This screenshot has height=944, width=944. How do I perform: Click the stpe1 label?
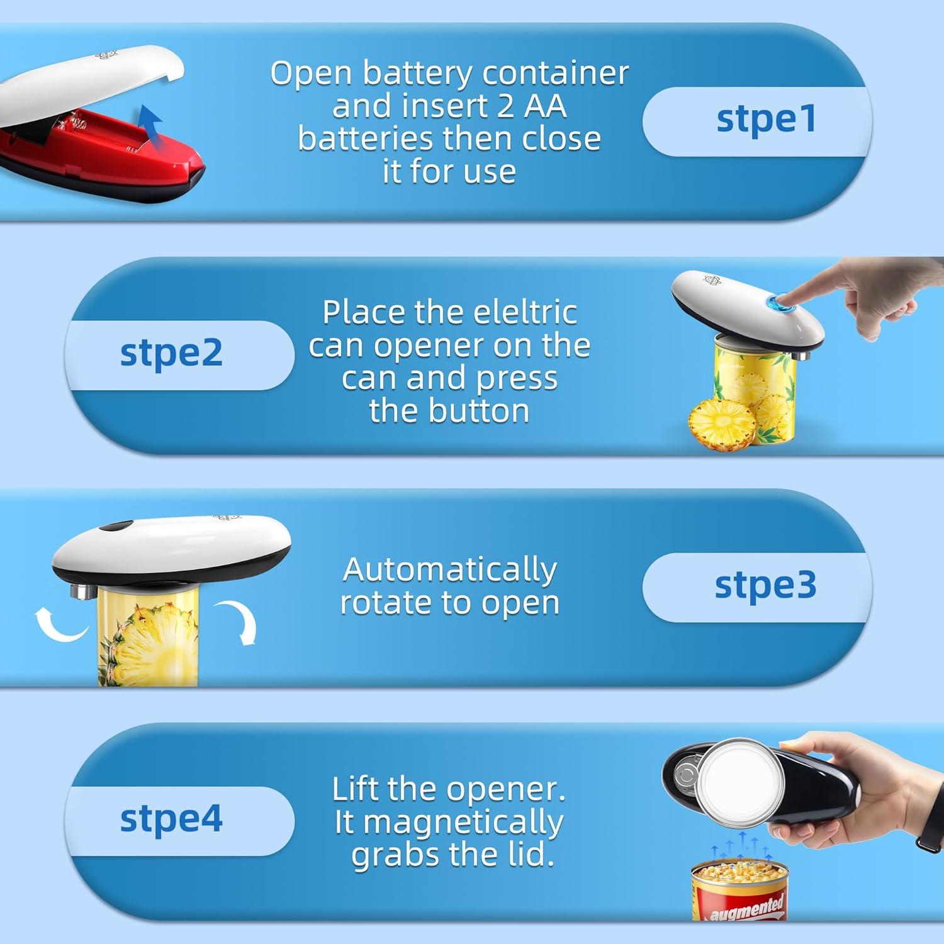click(x=766, y=119)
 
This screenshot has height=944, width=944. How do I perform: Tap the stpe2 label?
click(x=171, y=353)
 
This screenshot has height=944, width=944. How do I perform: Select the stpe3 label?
click(x=765, y=585)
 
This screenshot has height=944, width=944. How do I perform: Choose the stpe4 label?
click(x=171, y=819)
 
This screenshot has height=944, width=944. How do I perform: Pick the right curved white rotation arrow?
click(x=239, y=621)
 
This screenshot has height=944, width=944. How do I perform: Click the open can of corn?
click(x=740, y=887)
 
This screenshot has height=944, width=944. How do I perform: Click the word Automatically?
click(x=449, y=570)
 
